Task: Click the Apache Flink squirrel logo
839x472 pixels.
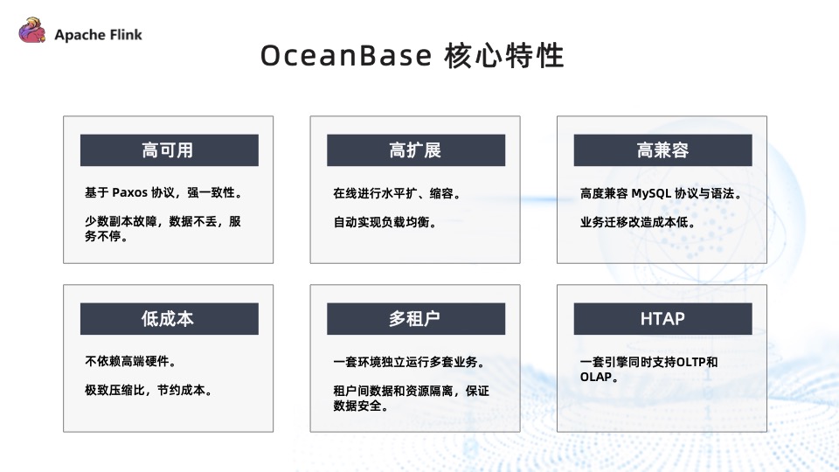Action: pyautogui.click(x=32, y=32)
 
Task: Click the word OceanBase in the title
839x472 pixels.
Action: pyautogui.click(x=345, y=56)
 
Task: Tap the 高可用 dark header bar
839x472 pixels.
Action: pyautogui.click(x=169, y=150)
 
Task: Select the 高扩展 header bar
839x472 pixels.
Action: pyautogui.click(x=415, y=150)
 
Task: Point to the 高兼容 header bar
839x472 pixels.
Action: pyautogui.click(x=662, y=150)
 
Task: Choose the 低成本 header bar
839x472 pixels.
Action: pyautogui.click(x=169, y=319)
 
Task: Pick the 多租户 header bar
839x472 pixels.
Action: pyautogui.click(x=415, y=319)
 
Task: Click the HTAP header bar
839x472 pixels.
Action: pyautogui.click(x=662, y=319)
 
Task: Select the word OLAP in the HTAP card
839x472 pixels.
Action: pyautogui.click(x=597, y=378)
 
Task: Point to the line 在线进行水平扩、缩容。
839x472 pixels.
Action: pyautogui.click(x=396, y=193)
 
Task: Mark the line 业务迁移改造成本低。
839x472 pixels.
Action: pyautogui.click(x=637, y=222)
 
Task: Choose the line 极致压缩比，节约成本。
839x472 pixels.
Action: pyautogui.click(x=149, y=391)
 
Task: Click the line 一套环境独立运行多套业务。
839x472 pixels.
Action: pyautogui.click(x=408, y=362)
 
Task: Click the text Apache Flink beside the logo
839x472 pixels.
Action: pyautogui.click(x=98, y=35)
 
